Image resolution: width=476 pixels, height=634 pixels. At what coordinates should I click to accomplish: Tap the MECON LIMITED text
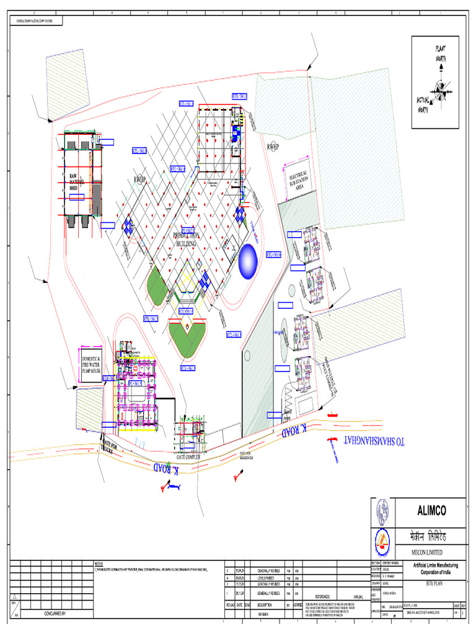click(x=420, y=552)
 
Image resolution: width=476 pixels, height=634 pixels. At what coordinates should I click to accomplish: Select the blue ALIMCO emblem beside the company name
click(x=382, y=511)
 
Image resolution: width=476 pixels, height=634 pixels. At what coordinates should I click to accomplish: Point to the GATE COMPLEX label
click(x=192, y=456)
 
